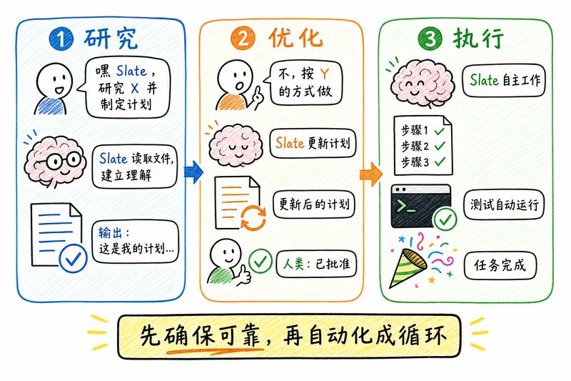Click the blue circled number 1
[x=61, y=39]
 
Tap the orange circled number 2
[x=243, y=39]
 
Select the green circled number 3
[x=430, y=39]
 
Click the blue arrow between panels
[x=193, y=172]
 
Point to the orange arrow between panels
[x=371, y=174]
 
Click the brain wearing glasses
[x=56, y=161]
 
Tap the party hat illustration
[x=407, y=268]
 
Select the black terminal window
[x=420, y=206]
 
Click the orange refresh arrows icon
[x=253, y=217]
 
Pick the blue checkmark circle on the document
[x=74, y=259]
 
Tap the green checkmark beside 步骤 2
[x=440, y=146]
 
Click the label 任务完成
[x=500, y=265]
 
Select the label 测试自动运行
[x=504, y=204]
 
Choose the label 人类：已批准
[x=316, y=264]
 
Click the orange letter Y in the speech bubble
[x=324, y=74]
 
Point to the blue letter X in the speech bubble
[x=134, y=88]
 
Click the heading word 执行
[x=478, y=38]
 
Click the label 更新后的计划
[x=314, y=204]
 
